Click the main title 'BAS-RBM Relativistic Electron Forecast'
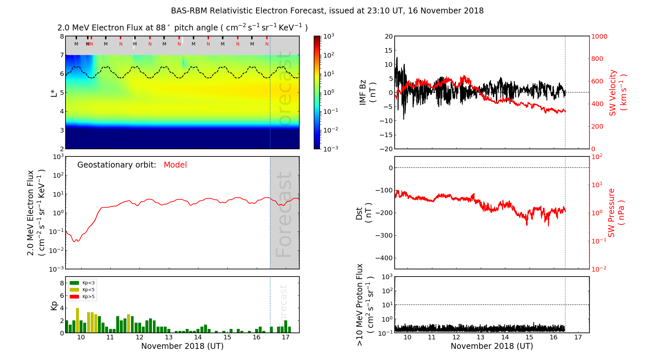(x=249, y=11)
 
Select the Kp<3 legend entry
(x=82, y=283)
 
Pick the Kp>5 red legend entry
(x=82, y=297)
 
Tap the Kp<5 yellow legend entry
(x=82, y=290)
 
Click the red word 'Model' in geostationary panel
(x=175, y=165)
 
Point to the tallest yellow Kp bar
(x=78, y=320)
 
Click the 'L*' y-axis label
(x=54, y=93)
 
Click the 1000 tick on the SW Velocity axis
(x=599, y=37)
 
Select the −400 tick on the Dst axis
(x=384, y=258)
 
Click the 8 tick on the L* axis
(x=62, y=36)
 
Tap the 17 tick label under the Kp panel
(x=286, y=337)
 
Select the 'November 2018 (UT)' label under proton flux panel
(x=492, y=346)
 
